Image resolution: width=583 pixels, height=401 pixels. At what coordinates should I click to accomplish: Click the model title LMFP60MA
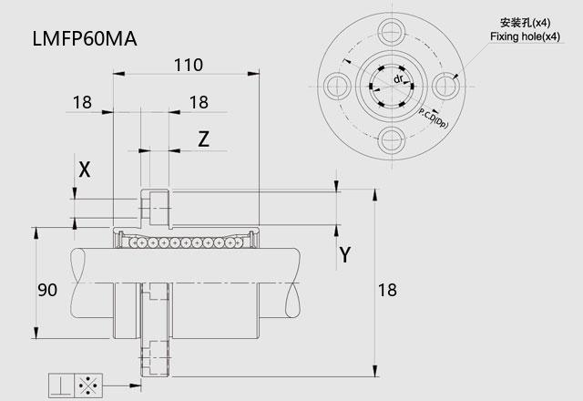[x=85, y=39]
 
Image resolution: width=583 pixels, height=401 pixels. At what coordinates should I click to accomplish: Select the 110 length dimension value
[x=189, y=65]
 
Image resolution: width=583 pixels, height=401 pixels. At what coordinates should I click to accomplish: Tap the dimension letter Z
[x=203, y=139]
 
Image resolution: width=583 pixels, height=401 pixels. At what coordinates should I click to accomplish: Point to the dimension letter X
[x=85, y=170]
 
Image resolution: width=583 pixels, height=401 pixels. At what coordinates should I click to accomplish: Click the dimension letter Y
[x=345, y=255]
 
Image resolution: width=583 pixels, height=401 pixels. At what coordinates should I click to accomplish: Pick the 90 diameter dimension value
[x=47, y=290]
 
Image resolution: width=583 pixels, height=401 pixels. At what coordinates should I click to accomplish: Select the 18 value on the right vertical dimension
[x=387, y=290]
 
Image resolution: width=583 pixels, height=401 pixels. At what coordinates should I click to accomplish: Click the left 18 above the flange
[x=82, y=102]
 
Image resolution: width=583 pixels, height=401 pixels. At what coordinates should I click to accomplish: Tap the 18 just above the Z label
[x=199, y=102]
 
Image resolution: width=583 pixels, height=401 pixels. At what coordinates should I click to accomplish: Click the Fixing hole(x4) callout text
[x=525, y=36]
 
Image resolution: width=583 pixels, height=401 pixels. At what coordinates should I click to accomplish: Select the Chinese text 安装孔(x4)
[x=525, y=23]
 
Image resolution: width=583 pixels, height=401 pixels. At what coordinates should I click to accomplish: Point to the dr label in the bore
[x=398, y=79]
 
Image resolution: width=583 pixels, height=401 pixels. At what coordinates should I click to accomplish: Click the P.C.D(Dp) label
[x=434, y=118]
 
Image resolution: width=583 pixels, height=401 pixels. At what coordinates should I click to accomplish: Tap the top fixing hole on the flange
[x=392, y=33]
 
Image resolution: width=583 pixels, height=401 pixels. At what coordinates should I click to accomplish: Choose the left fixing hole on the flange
[x=338, y=87]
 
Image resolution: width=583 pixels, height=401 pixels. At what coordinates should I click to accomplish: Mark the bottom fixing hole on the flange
[x=392, y=140]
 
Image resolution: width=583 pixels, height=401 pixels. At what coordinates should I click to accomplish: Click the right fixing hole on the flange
[x=445, y=87]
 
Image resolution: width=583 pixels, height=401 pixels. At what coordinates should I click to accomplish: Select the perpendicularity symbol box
[x=62, y=386]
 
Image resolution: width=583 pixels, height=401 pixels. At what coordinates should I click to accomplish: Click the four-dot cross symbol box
[x=88, y=386]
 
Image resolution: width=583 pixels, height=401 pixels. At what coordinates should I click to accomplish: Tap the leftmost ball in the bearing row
[x=131, y=243]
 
